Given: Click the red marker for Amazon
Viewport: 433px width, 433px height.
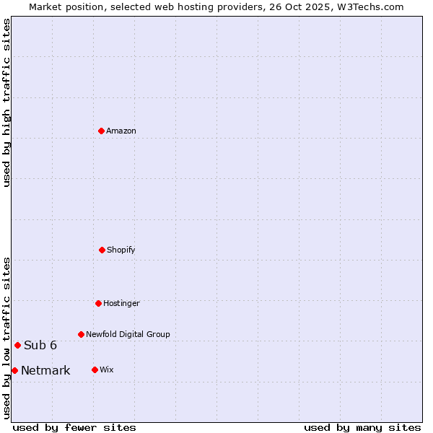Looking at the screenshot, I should (101, 131).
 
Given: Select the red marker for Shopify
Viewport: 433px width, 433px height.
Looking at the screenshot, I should (102, 250).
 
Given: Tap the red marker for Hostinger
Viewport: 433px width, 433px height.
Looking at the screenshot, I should (98, 303).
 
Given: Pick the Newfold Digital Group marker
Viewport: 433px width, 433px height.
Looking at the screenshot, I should (81, 334).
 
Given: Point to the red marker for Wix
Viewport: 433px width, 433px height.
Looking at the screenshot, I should (95, 369).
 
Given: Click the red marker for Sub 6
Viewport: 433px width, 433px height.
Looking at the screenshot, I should (17, 345).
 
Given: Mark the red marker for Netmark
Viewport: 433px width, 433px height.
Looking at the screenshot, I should (14, 370).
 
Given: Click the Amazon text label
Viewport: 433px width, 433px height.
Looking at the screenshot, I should (121, 131).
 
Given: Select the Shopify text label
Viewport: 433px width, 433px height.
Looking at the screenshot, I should (121, 250).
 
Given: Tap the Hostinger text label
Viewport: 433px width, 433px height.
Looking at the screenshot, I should (121, 303).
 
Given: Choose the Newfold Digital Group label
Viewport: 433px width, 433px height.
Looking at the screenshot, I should (128, 334).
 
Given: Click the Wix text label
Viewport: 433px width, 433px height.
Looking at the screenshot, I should (107, 369).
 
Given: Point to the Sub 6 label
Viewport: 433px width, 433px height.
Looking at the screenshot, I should (40, 345).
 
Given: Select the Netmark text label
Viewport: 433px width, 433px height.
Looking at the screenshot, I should (45, 371).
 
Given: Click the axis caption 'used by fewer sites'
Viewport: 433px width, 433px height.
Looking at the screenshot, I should (74, 427).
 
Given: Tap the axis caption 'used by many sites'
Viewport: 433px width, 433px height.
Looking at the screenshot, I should (362, 427).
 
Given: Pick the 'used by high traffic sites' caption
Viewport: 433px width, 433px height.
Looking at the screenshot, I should (6, 102).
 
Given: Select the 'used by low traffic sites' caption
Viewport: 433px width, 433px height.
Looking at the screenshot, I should (6, 338).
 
